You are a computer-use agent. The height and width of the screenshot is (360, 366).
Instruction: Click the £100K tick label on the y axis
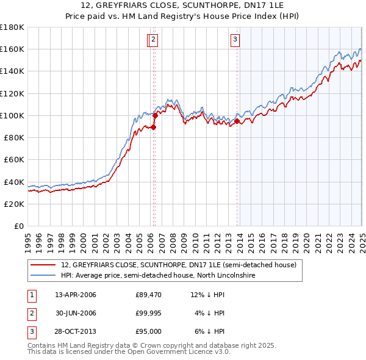pyautogui.click(x=12, y=115)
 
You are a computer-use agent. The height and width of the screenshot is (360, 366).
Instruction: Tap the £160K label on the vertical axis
pyautogui.click(x=12, y=49)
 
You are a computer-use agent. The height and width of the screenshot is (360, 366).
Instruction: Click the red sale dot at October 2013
pyautogui.click(x=237, y=121)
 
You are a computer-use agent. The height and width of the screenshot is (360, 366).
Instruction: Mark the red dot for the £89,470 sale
pyautogui.click(x=154, y=127)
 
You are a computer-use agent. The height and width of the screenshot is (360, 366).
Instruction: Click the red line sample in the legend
pyautogui.click(x=44, y=265)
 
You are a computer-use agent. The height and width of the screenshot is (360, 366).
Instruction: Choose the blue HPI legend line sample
pyautogui.click(x=44, y=275)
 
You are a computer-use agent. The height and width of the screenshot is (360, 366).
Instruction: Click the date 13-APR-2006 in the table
pyautogui.click(x=76, y=295)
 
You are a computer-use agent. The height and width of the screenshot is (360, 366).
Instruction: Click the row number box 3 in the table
pyautogui.click(x=31, y=331)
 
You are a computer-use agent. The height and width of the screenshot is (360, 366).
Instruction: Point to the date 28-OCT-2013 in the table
pyautogui.click(x=76, y=331)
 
